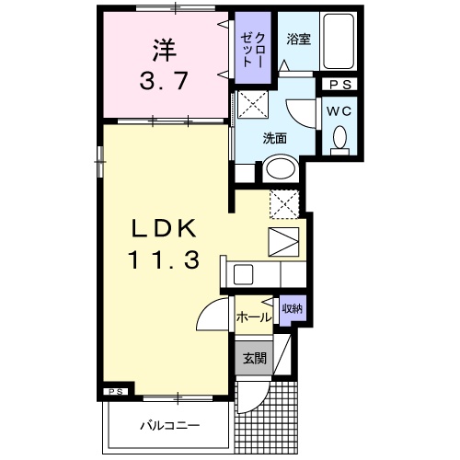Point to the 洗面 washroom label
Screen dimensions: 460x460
[x=275, y=139]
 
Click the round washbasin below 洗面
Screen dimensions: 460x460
[x=278, y=169]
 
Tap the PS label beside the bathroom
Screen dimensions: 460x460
[x=338, y=85]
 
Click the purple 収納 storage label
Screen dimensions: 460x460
[x=291, y=309]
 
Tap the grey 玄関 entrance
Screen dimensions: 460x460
[x=255, y=359]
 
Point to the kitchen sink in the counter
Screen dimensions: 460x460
[x=244, y=274]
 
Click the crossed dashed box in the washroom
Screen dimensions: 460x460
[x=251, y=104]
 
